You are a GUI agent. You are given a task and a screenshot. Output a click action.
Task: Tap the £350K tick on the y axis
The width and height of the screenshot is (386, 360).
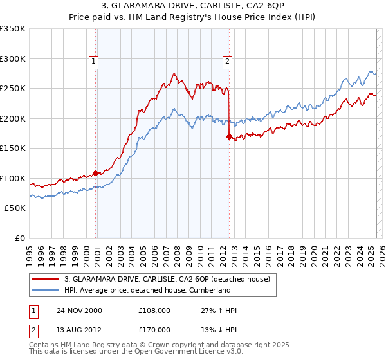click(13, 29)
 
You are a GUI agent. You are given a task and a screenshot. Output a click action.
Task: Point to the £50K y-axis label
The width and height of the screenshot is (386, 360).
click(15, 208)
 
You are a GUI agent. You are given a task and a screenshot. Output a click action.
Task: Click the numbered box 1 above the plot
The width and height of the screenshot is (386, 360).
click(94, 62)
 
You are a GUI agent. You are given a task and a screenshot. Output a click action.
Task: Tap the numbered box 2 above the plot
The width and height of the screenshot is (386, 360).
click(227, 62)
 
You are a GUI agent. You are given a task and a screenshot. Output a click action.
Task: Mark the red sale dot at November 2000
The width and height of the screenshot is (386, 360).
click(96, 173)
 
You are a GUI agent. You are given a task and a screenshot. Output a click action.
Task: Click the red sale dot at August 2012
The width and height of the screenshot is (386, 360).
click(229, 136)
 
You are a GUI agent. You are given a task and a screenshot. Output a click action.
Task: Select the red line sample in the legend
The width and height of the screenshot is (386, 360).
click(46, 279)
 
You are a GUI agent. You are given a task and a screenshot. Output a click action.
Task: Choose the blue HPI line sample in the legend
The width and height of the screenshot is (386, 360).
click(46, 290)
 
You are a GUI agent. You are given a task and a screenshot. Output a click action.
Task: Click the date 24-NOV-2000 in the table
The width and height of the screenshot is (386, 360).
click(79, 310)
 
